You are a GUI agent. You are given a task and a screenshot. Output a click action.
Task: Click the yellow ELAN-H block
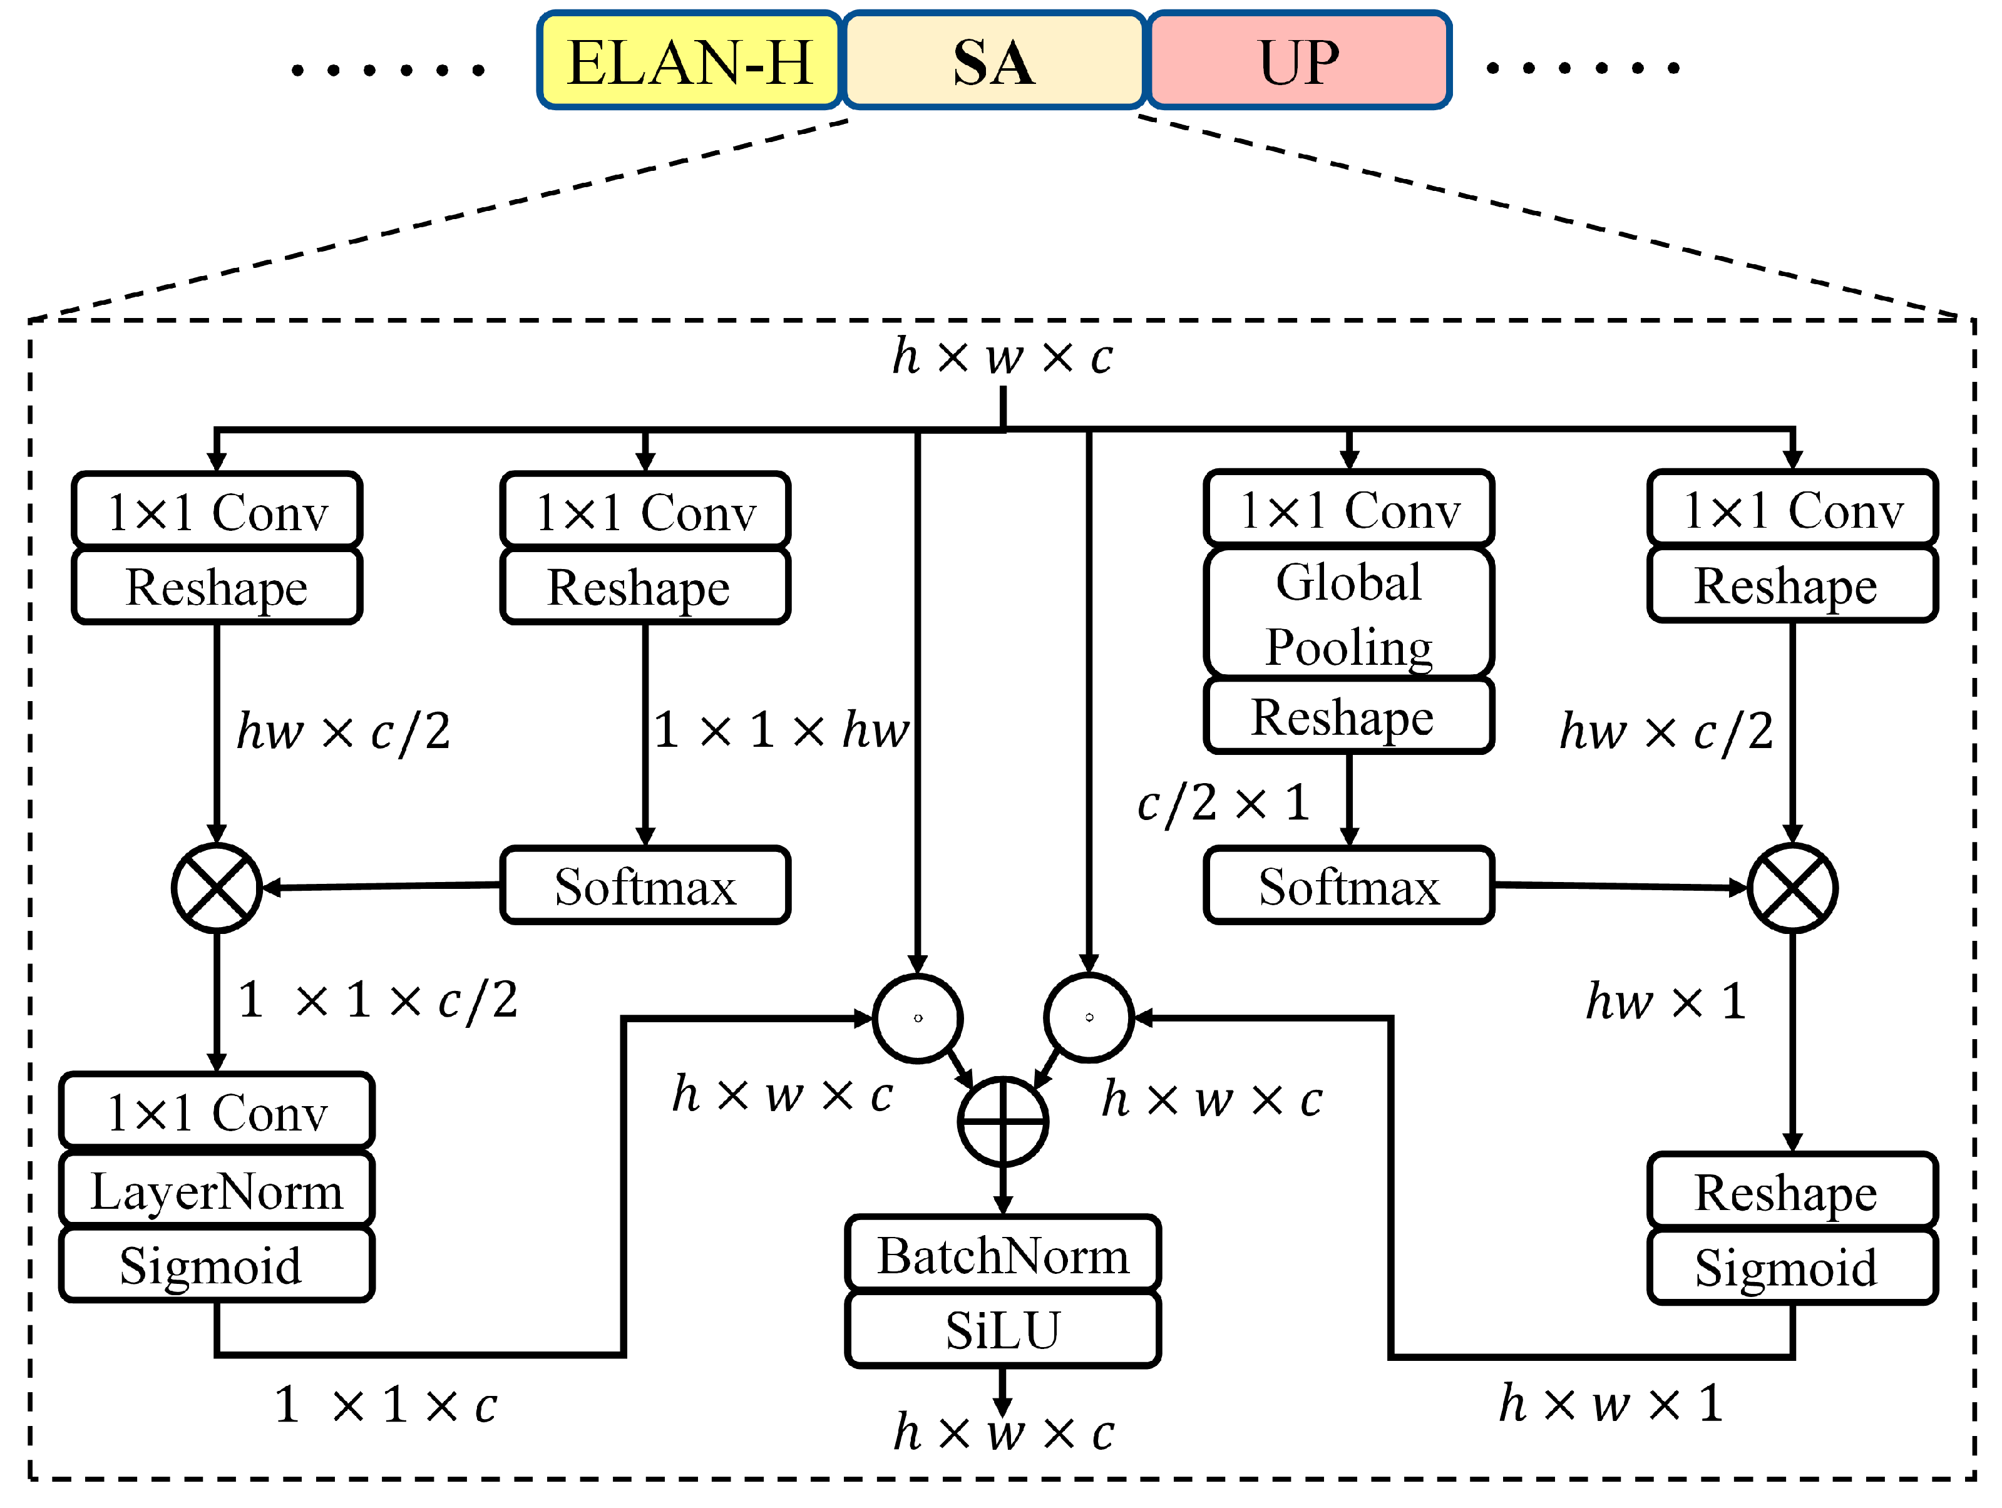(690, 61)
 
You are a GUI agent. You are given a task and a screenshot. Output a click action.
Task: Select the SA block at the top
(993, 61)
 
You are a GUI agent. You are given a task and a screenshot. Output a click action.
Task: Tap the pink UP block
(1299, 61)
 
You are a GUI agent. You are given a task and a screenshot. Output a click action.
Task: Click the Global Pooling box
(1348, 613)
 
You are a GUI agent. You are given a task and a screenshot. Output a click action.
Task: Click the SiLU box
(1003, 1330)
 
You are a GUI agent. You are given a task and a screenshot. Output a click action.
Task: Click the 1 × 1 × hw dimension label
(780, 729)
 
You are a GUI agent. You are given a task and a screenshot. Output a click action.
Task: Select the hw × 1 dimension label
(1665, 1001)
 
